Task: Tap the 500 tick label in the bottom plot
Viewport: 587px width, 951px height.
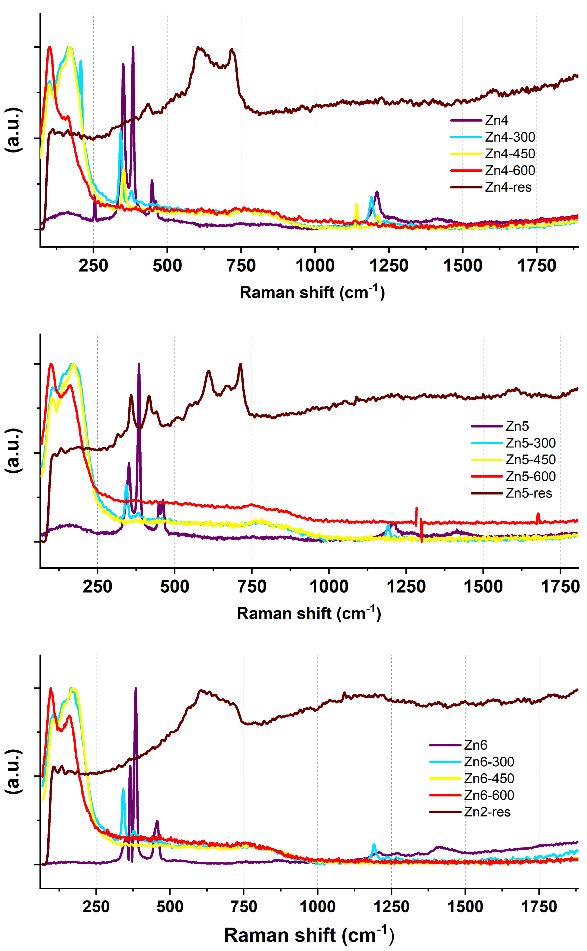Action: click(170, 907)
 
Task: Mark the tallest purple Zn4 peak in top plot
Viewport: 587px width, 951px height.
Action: click(133, 47)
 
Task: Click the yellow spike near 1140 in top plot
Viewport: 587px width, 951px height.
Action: click(356, 205)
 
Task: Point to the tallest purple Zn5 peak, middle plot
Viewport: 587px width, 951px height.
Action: click(139, 364)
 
